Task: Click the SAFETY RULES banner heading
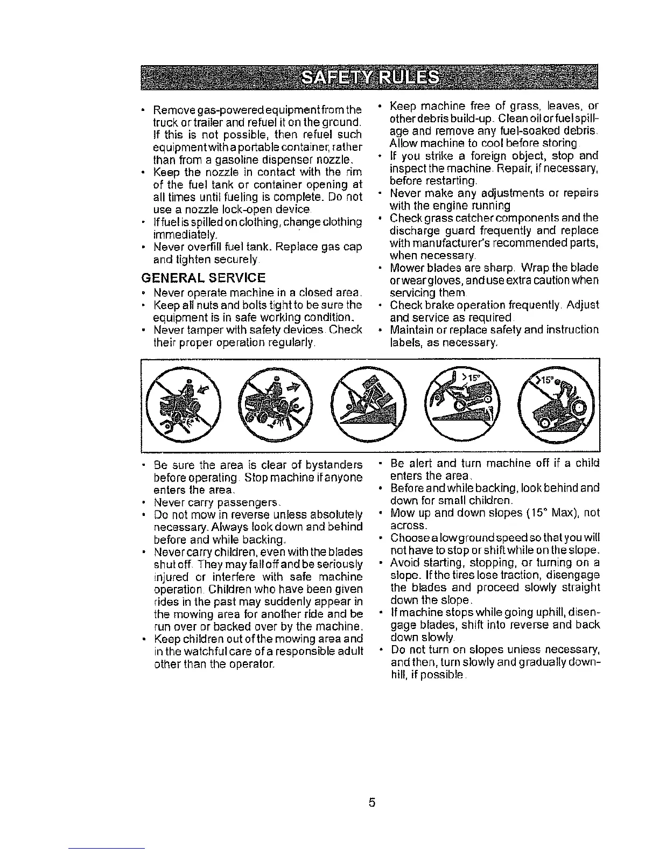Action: (x=371, y=79)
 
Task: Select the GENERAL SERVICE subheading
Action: (x=202, y=278)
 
